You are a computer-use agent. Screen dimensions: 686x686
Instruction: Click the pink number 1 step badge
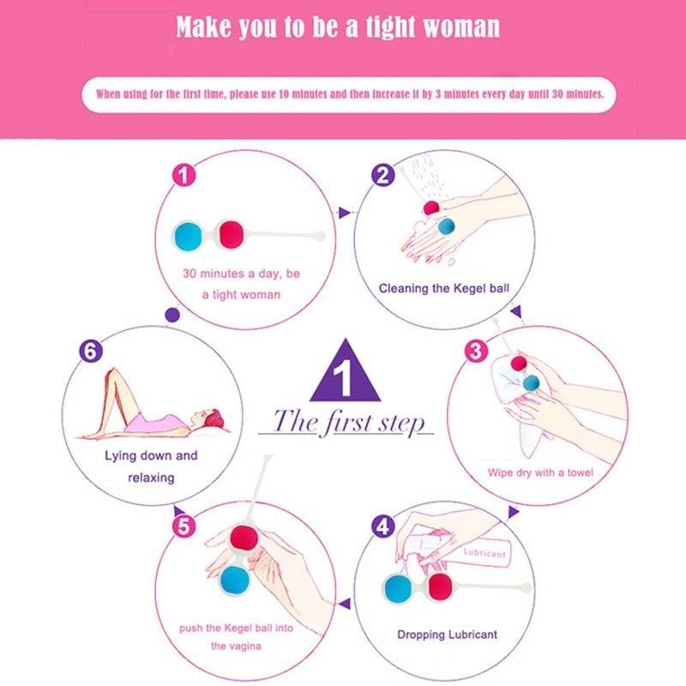(x=184, y=175)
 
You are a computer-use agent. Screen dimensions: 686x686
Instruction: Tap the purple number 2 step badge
(x=383, y=175)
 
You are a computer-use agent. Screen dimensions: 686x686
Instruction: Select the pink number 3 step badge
(x=476, y=351)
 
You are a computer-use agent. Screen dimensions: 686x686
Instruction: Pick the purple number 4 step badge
(x=383, y=527)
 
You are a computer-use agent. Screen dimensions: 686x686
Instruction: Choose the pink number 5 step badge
(x=184, y=527)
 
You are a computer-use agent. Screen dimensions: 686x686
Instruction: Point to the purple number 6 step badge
(x=91, y=351)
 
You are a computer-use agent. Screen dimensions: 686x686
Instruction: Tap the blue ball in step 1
(x=189, y=235)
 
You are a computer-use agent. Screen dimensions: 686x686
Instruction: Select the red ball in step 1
(x=231, y=234)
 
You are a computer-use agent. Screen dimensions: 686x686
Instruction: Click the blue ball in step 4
(x=399, y=588)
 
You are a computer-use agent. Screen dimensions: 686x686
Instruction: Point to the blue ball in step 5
(x=234, y=581)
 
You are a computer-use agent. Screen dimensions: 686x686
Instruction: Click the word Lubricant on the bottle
(x=484, y=553)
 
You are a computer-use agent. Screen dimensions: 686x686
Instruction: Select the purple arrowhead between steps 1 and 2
(x=345, y=213)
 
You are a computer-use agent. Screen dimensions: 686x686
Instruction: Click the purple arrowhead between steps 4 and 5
(x=346, y=604)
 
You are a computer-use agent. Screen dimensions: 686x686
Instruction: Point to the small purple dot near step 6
(x=172, y=315)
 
